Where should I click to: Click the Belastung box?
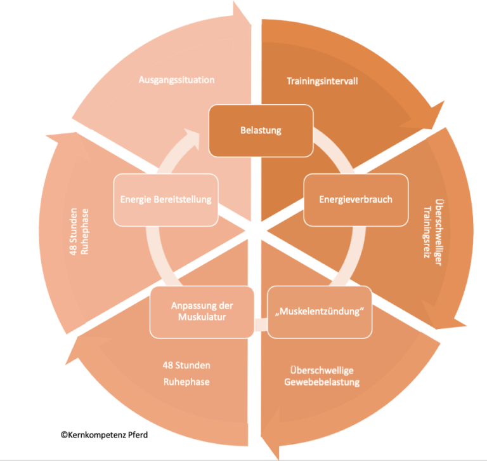click(x=261, y=131)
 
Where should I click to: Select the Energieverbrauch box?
click(x=355, y=199)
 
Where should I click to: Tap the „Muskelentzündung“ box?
click(x=319, y=313)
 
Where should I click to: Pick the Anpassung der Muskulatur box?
click(x=202, y=312)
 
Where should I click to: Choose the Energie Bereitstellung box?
click(x=166, y=199)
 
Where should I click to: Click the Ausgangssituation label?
click(x=176, y=80)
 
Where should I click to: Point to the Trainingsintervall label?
click(x=323, y=81)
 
